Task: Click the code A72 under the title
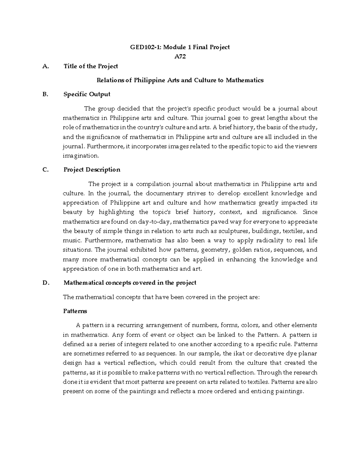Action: [180, 56]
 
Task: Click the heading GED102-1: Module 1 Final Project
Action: [180, 47]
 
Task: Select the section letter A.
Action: [46, 66]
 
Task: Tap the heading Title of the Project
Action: [91, 66]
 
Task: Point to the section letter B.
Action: [45, 94]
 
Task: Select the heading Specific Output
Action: [87, 94]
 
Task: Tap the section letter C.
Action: [45, 170]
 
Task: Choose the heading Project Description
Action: [92, 170]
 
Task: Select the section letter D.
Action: [46, 283]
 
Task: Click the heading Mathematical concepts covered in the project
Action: [130, 283]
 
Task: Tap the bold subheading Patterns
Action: [75, 311]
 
